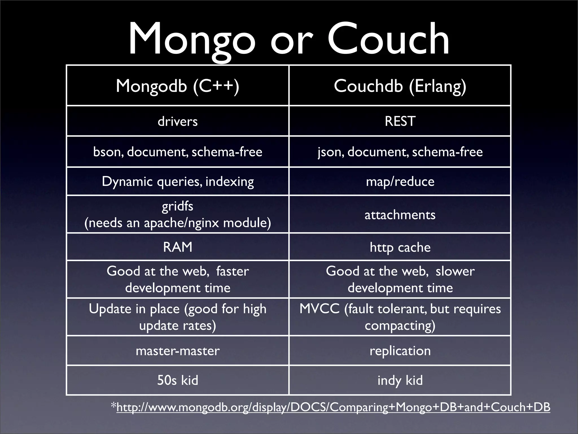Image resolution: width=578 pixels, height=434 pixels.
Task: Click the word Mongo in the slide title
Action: pos(192,40)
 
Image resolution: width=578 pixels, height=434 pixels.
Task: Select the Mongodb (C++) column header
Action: pos(178,86)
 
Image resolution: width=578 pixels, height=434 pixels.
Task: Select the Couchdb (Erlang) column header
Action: pos(400,86)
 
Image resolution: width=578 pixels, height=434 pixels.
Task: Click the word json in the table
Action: pos(330,152)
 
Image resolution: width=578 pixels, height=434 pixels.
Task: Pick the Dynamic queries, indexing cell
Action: pos(178,181)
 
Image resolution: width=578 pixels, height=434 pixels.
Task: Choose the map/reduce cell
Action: pos(400,181)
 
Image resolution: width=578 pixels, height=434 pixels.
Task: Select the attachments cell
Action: pos(400,215)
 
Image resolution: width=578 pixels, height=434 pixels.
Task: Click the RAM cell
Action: pos(178,247)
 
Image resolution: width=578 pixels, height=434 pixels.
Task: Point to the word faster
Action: pos(232,271)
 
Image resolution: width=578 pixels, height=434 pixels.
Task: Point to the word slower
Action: pos(455,271)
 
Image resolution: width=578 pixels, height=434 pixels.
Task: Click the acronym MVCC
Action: pos(319,309)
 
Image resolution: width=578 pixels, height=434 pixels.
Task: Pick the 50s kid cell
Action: pos(178,380)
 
